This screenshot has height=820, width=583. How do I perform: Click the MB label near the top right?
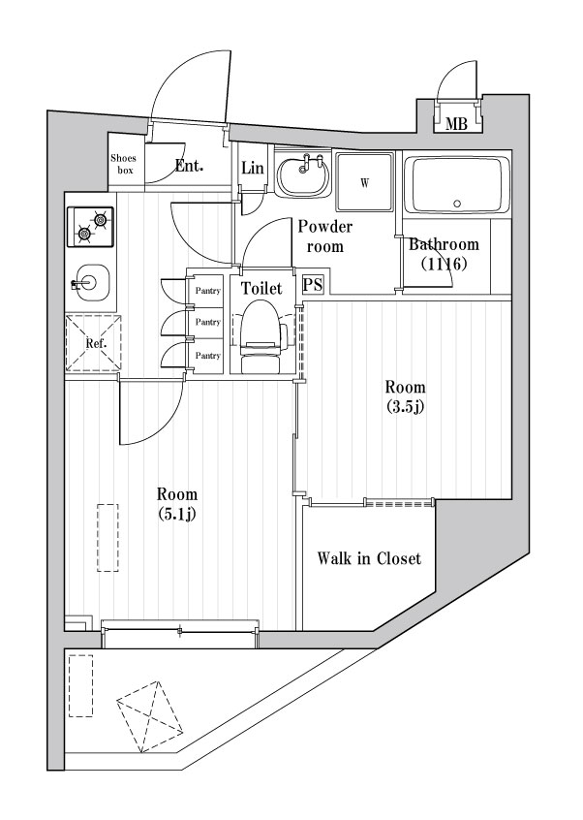(x=456, y=122)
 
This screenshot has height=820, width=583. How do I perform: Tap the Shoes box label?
(x=123, y=164)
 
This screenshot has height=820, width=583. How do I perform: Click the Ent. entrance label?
(x=189, y=166)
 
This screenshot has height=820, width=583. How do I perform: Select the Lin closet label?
(x=252, y=169)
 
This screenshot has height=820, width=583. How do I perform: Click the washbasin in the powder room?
(x=302, y=177)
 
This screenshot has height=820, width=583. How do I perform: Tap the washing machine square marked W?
(x=365, y=182)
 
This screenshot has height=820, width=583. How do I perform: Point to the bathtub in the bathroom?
(x=456, y=185)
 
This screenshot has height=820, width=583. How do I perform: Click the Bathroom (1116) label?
(x=444, y=253)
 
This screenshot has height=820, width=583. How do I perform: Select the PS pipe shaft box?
(x=313, y=285)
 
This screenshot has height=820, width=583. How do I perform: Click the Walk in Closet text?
(x=369, y=559)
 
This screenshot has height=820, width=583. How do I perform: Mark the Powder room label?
(x=324, y=237)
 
